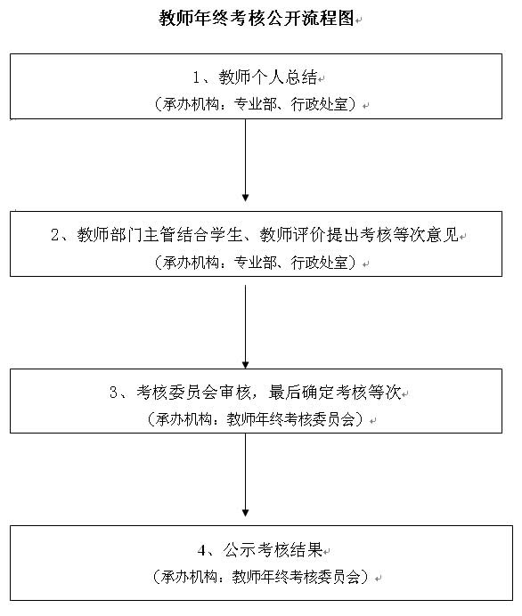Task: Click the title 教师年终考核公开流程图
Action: click(x=257, y=18)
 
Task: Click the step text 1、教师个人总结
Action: click(x=255, y=77)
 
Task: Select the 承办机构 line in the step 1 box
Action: click(x=257, y=104)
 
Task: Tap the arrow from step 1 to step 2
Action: click(x=245, y=160)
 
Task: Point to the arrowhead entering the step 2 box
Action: click(x=245, y=198)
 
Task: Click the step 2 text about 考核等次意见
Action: click(x=255, y=234)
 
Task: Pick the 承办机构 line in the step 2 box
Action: click(x=257, y=262)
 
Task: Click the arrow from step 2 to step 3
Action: click(x=245, y=327)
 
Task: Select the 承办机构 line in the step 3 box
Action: click(x=257, y=419)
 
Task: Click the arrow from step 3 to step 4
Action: click(x=245, y=475)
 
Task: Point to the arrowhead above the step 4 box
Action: click(x=245, y=513)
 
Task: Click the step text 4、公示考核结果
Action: click(x=260, y=549)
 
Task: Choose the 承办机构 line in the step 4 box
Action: click(x=261, y=577)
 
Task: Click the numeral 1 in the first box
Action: click(x=196, y=77)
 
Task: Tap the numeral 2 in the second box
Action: click(x=55, y=235)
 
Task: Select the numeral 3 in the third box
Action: click(x=114, y=393)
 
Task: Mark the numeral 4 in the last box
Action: click(x=201, y=550)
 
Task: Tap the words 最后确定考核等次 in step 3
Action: click(x=335, y=392)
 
